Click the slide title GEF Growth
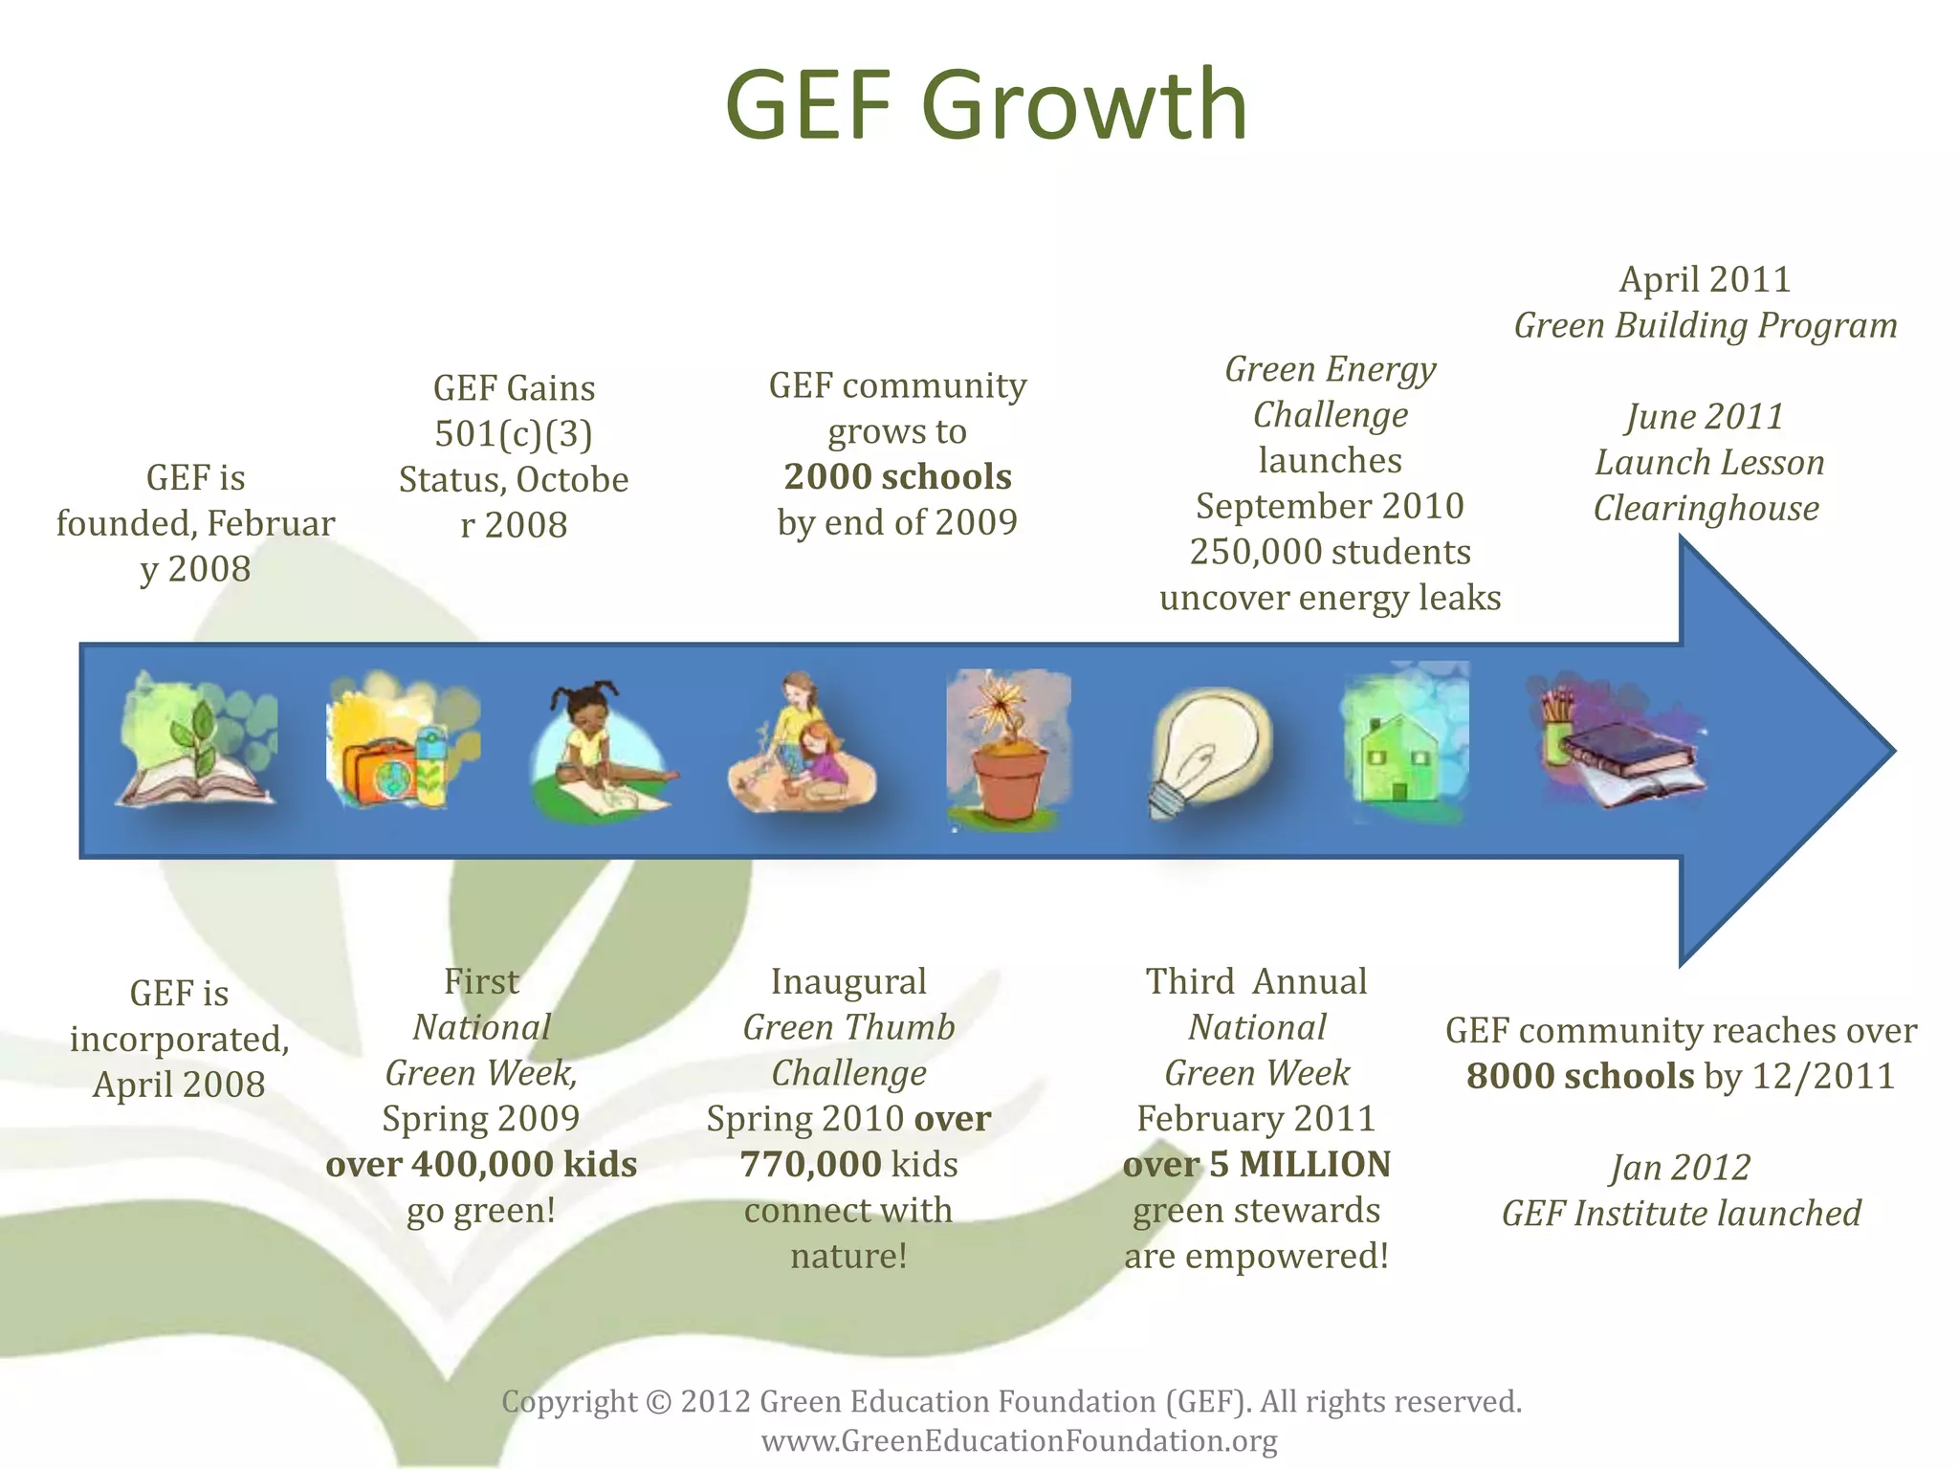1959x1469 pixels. click(x=986, y=104)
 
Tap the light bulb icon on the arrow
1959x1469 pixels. click(x=1209, y=751)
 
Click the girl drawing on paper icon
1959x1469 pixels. click(x=601, y=751)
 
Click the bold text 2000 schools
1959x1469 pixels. click(x=897, y=476)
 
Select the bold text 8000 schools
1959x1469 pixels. click(x=1580, y=1076)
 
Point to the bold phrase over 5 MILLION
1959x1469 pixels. click(x=1256, y=1164)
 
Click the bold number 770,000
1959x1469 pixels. click(x=811, y=1164)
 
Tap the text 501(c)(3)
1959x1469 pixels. click(x=514, y=433)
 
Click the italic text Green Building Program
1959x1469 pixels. click(x=1705, y=325)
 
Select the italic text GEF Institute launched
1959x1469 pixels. click(x=1681, y=1213)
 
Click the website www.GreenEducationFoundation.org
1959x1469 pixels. click(x=1019, y=1440)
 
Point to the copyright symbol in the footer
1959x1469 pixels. click(x=659, y=1402)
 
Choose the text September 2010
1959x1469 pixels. click(x=1330, y=506)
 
